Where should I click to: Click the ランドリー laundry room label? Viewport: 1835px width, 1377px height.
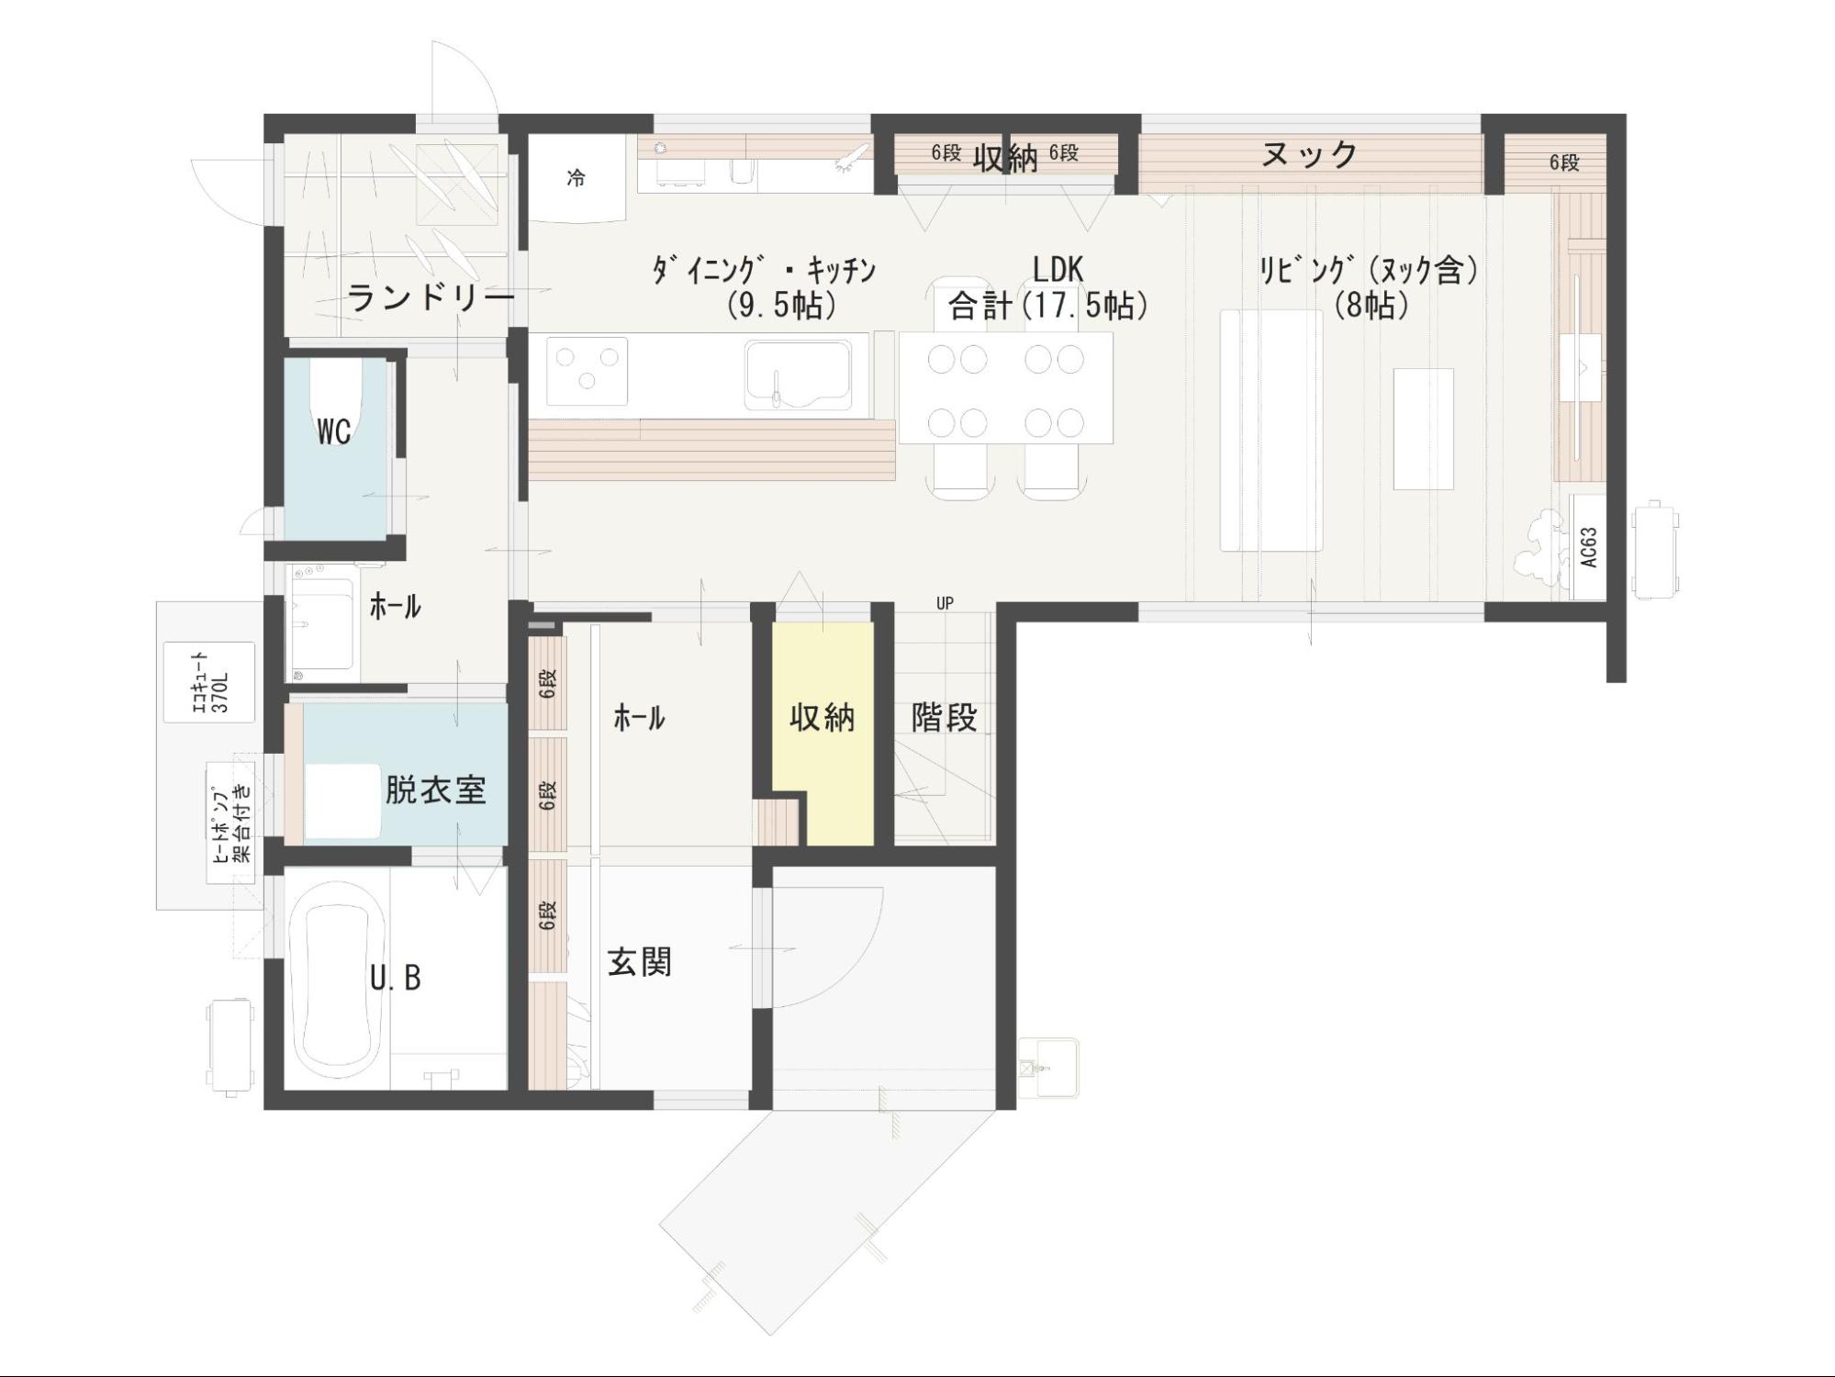[x=430, y=298]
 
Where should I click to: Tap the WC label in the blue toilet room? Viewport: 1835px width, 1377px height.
[x=334, y=431]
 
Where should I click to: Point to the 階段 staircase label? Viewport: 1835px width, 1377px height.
[x=945, y=717]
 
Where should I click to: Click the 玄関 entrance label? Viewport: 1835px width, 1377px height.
[x=640, y=962]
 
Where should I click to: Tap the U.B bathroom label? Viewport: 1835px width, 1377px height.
[x=396, y=979]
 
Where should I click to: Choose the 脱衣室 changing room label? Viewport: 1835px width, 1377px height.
[x=435, y=789]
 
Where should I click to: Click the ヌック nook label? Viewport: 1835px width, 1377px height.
[x=1310, y=154]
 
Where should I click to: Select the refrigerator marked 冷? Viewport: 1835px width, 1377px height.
[x=576, y=178]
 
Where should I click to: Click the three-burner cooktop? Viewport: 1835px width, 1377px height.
[x=587, y=371]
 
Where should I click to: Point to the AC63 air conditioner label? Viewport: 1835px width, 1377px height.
[x=1589, y=547]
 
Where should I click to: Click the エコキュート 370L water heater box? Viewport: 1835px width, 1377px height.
[x=209, y=682]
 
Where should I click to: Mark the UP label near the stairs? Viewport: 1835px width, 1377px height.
[x=945, y=603]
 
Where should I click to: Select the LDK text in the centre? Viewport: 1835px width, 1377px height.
[x=1058, y=269]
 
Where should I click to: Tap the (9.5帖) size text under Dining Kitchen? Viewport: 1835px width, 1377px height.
[x=782, y=304]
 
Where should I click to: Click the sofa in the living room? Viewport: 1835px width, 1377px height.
[x=1271, y=431]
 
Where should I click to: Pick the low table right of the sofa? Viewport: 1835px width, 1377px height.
[x=1424, y=429]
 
